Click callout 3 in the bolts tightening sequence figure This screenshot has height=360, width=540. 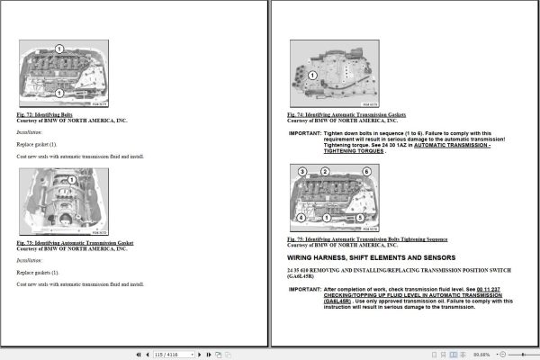point(302,172)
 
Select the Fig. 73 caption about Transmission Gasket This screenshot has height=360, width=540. point(75,243)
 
